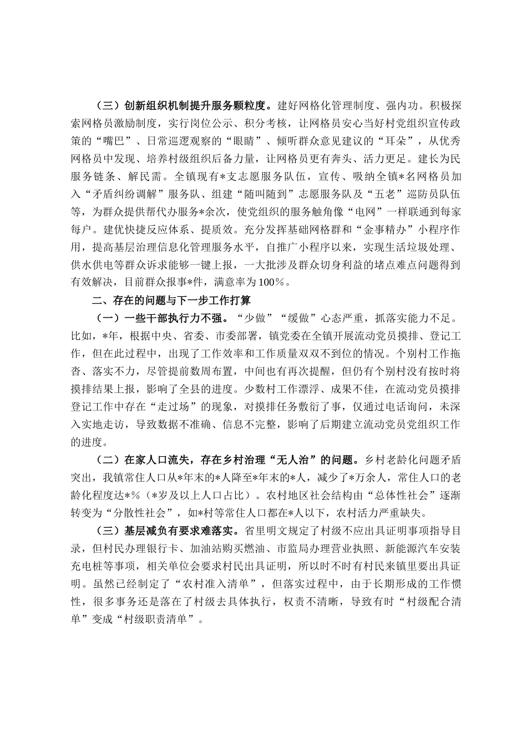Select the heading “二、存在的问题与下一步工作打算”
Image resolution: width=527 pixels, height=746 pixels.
tap(172, 301)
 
